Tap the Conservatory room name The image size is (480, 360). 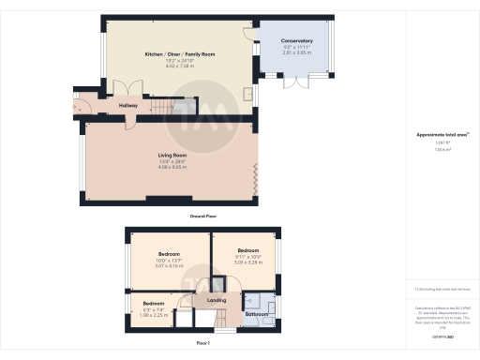tap(296, 42)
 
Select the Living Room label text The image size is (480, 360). tap(172, 155)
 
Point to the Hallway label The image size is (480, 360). tap(128, 105)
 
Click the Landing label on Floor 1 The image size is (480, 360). tap(217, 300)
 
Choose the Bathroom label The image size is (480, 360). tap(258, 313)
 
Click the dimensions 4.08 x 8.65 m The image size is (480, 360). tap(172, 168)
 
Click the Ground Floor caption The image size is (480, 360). tap(203, 216)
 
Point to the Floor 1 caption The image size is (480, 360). tap(203, 344)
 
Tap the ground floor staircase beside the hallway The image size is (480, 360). tap(167, 103)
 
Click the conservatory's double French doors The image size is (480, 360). tap(296, 85)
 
